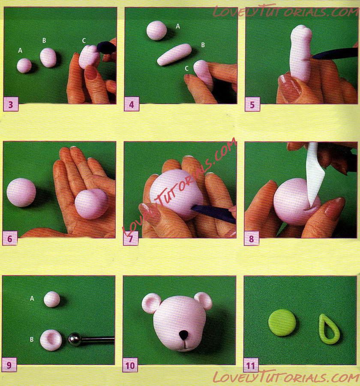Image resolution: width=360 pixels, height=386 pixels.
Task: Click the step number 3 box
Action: (x=11, y=104)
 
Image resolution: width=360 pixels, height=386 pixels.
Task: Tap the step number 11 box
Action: (x=251, y=365)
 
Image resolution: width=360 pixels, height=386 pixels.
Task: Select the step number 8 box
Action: (x=252, y=239)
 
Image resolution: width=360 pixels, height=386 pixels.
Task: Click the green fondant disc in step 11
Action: (x=282, y=323)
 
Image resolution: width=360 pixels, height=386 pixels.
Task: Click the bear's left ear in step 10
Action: (x=151, y=302)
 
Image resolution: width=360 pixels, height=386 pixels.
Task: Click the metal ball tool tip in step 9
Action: (x=75, y=339)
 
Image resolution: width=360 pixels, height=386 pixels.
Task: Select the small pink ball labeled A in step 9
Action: (x=52, y=299)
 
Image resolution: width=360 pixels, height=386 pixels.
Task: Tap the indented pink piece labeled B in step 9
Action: (x=51, y=340)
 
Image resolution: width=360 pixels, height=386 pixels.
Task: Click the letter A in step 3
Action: (x=20, y=51)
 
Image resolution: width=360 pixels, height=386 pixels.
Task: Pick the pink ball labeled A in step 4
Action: (x=156, y=30)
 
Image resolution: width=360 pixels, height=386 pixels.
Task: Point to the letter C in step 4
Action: (x=187, y=68)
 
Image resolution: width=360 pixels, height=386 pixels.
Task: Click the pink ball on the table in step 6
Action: (x=21, y=192)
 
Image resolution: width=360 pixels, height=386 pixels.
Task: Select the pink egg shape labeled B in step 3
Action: (x=48, y=57)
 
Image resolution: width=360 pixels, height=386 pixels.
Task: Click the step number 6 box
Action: (x=10, y=238)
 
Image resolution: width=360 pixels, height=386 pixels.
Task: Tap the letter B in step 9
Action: (x=32, y=339)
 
